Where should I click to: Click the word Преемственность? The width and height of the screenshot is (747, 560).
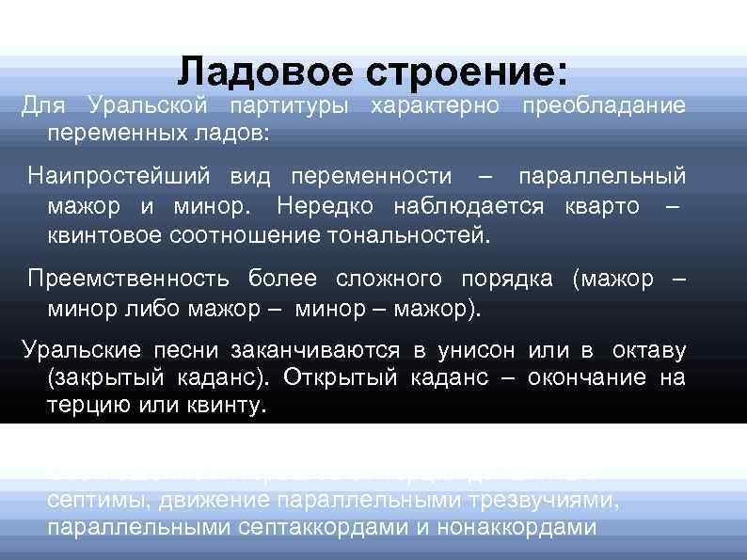(x=132, y=280)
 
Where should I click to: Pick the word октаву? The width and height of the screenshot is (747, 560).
(x=649, y=351)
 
